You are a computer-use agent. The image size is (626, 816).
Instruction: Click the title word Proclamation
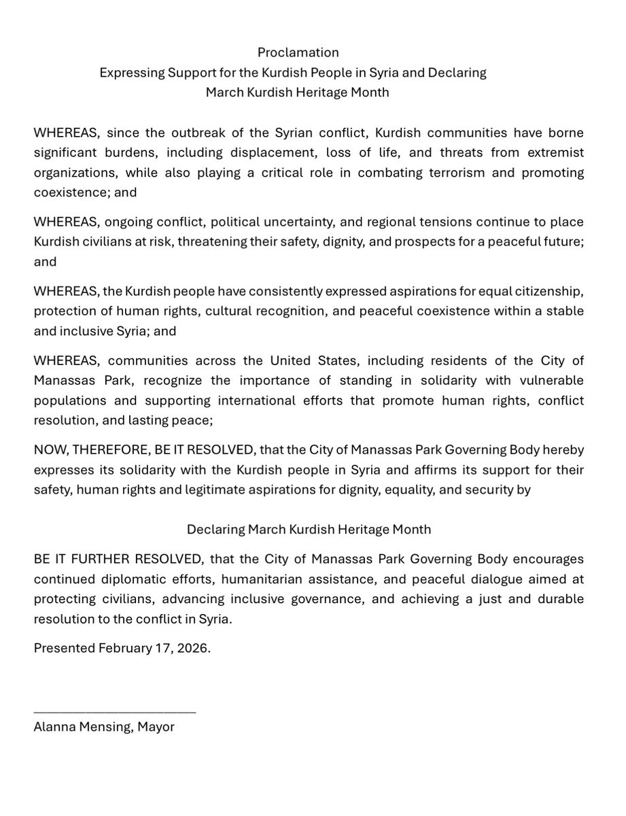pyautogui.click(x=298, y=52)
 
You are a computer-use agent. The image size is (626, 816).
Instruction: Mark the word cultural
pyautogui.click(x=241, y=311)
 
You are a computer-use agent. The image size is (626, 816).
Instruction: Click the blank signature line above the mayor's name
pyautogui.click(x=114, y=711)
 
